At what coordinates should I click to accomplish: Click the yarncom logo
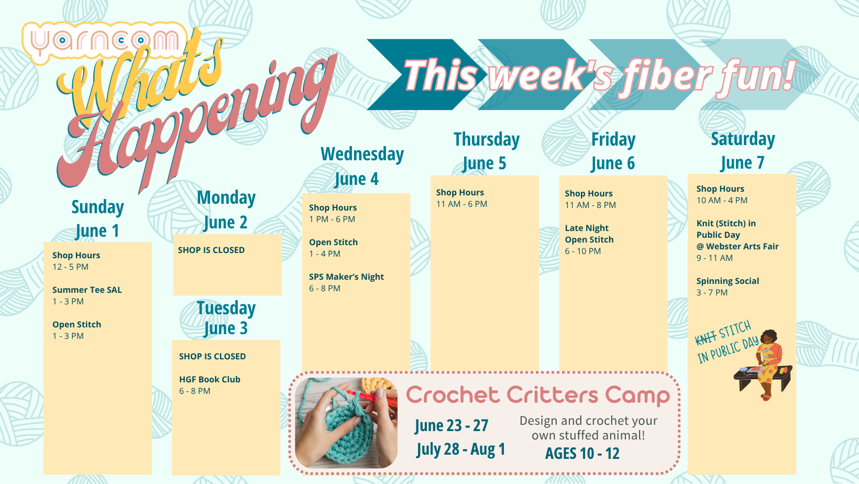[x=104, y=41]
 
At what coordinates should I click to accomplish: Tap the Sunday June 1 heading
[x=97, y=218]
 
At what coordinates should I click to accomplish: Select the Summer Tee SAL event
[x=87, y=295]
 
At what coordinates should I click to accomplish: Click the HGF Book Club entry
[x=210, y=385]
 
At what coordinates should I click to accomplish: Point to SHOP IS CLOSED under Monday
[x=211, y=250]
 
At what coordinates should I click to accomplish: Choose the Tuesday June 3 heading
[x=226, y=318]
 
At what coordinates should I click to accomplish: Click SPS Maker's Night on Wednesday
[x=346, y=282]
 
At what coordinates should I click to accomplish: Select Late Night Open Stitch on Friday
[x=589, y=239]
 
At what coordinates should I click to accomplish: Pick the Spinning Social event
[x=728, y=287]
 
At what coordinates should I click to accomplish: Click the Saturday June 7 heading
[x=743, y=150]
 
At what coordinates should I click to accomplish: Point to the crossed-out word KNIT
[x=706, y=338]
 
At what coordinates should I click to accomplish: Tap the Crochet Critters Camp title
[x=538, y=395]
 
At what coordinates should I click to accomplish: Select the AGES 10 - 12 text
[x=582, y=453]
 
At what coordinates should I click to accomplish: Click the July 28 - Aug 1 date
[x=461, y=449]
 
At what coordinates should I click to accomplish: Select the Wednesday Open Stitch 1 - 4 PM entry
[x=333, y=248]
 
